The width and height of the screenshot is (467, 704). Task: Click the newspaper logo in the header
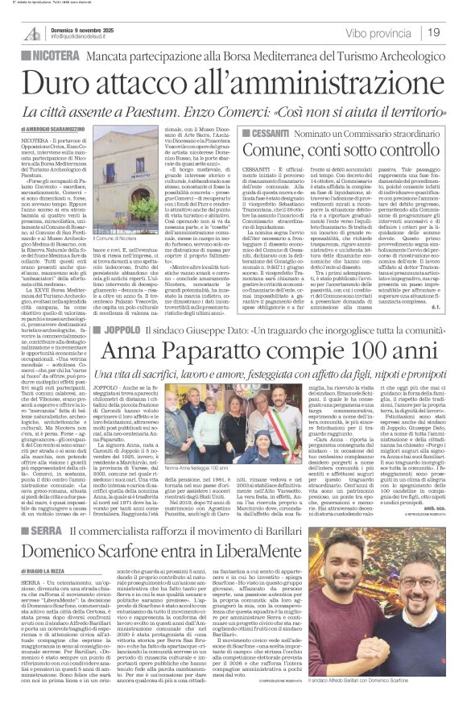[32, 32]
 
